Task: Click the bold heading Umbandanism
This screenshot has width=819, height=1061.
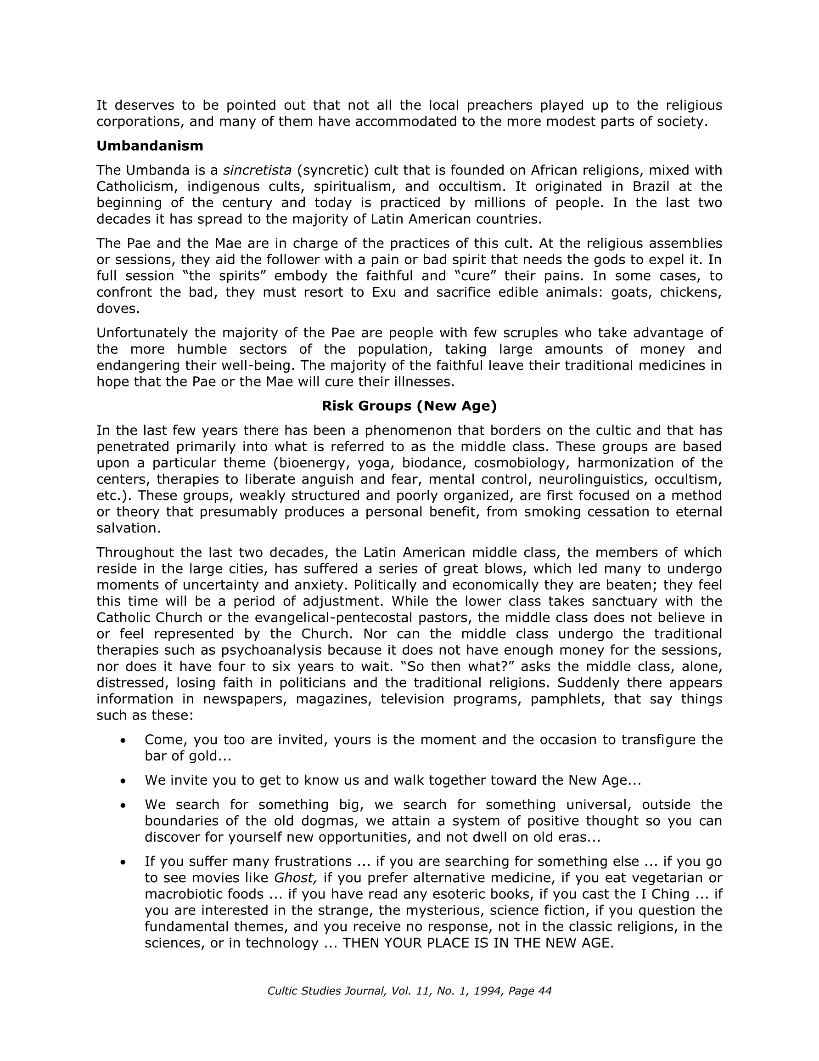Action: click(150, 146)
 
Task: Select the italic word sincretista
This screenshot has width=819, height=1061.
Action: click(257, 170)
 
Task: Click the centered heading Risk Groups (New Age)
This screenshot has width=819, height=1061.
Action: click(409, 406)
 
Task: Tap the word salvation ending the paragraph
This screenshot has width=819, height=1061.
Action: click(128, 528)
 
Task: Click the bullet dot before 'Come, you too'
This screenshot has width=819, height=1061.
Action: click(123, 740)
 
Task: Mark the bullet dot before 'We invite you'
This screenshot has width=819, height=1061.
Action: click(123, 781)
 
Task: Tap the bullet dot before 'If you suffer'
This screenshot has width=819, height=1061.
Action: click(123, 862)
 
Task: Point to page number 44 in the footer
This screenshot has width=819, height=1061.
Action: click(545, 991)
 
